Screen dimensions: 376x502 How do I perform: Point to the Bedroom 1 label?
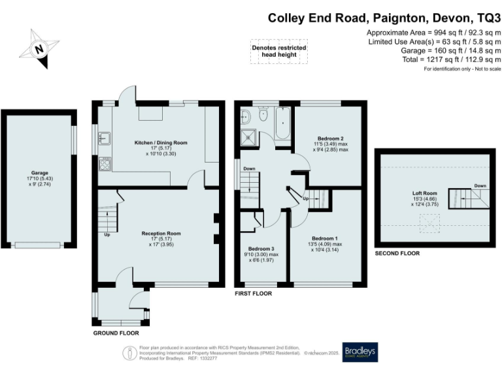tap(325, 242)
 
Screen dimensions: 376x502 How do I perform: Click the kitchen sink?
tap(103, 138)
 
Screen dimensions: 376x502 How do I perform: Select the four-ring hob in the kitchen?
tap(105, 164)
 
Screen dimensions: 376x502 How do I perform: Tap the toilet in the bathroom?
tap(263, 116)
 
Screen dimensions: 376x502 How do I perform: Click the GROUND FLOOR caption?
tap(116, 333)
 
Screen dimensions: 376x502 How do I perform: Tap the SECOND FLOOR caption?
tap(397, 253)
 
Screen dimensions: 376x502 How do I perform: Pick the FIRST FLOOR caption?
tap(253, 294)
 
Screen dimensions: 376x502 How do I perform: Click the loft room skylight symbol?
tap(431, 225)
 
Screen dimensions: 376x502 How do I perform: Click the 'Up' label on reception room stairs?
tap(107, 236)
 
